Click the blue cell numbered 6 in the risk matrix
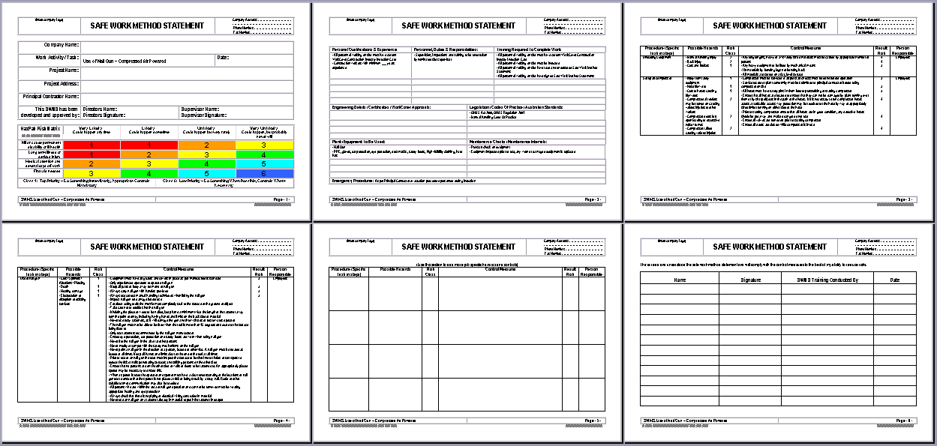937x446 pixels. pyautogui.click(x=264, y=172)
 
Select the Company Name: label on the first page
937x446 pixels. pyautogui.click(x=62, y=45)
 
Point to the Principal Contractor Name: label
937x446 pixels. pyautogui.click(x=51, y=96)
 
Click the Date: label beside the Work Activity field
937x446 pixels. pyautogui.click(x=223, y=58)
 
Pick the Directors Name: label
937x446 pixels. pyautogui.click(x=100, y=109)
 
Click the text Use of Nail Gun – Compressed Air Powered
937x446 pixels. pyautogui.click(x=125, y=61)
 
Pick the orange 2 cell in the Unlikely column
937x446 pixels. pyautogui.click(x=206, y=145)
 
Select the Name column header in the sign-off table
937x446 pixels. pyautogui.click(x=680, y=280)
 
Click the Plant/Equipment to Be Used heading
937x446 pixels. pyautogui.click(x=359, y=141)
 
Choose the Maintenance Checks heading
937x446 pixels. pyautogui.click(x=508, y=141)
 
